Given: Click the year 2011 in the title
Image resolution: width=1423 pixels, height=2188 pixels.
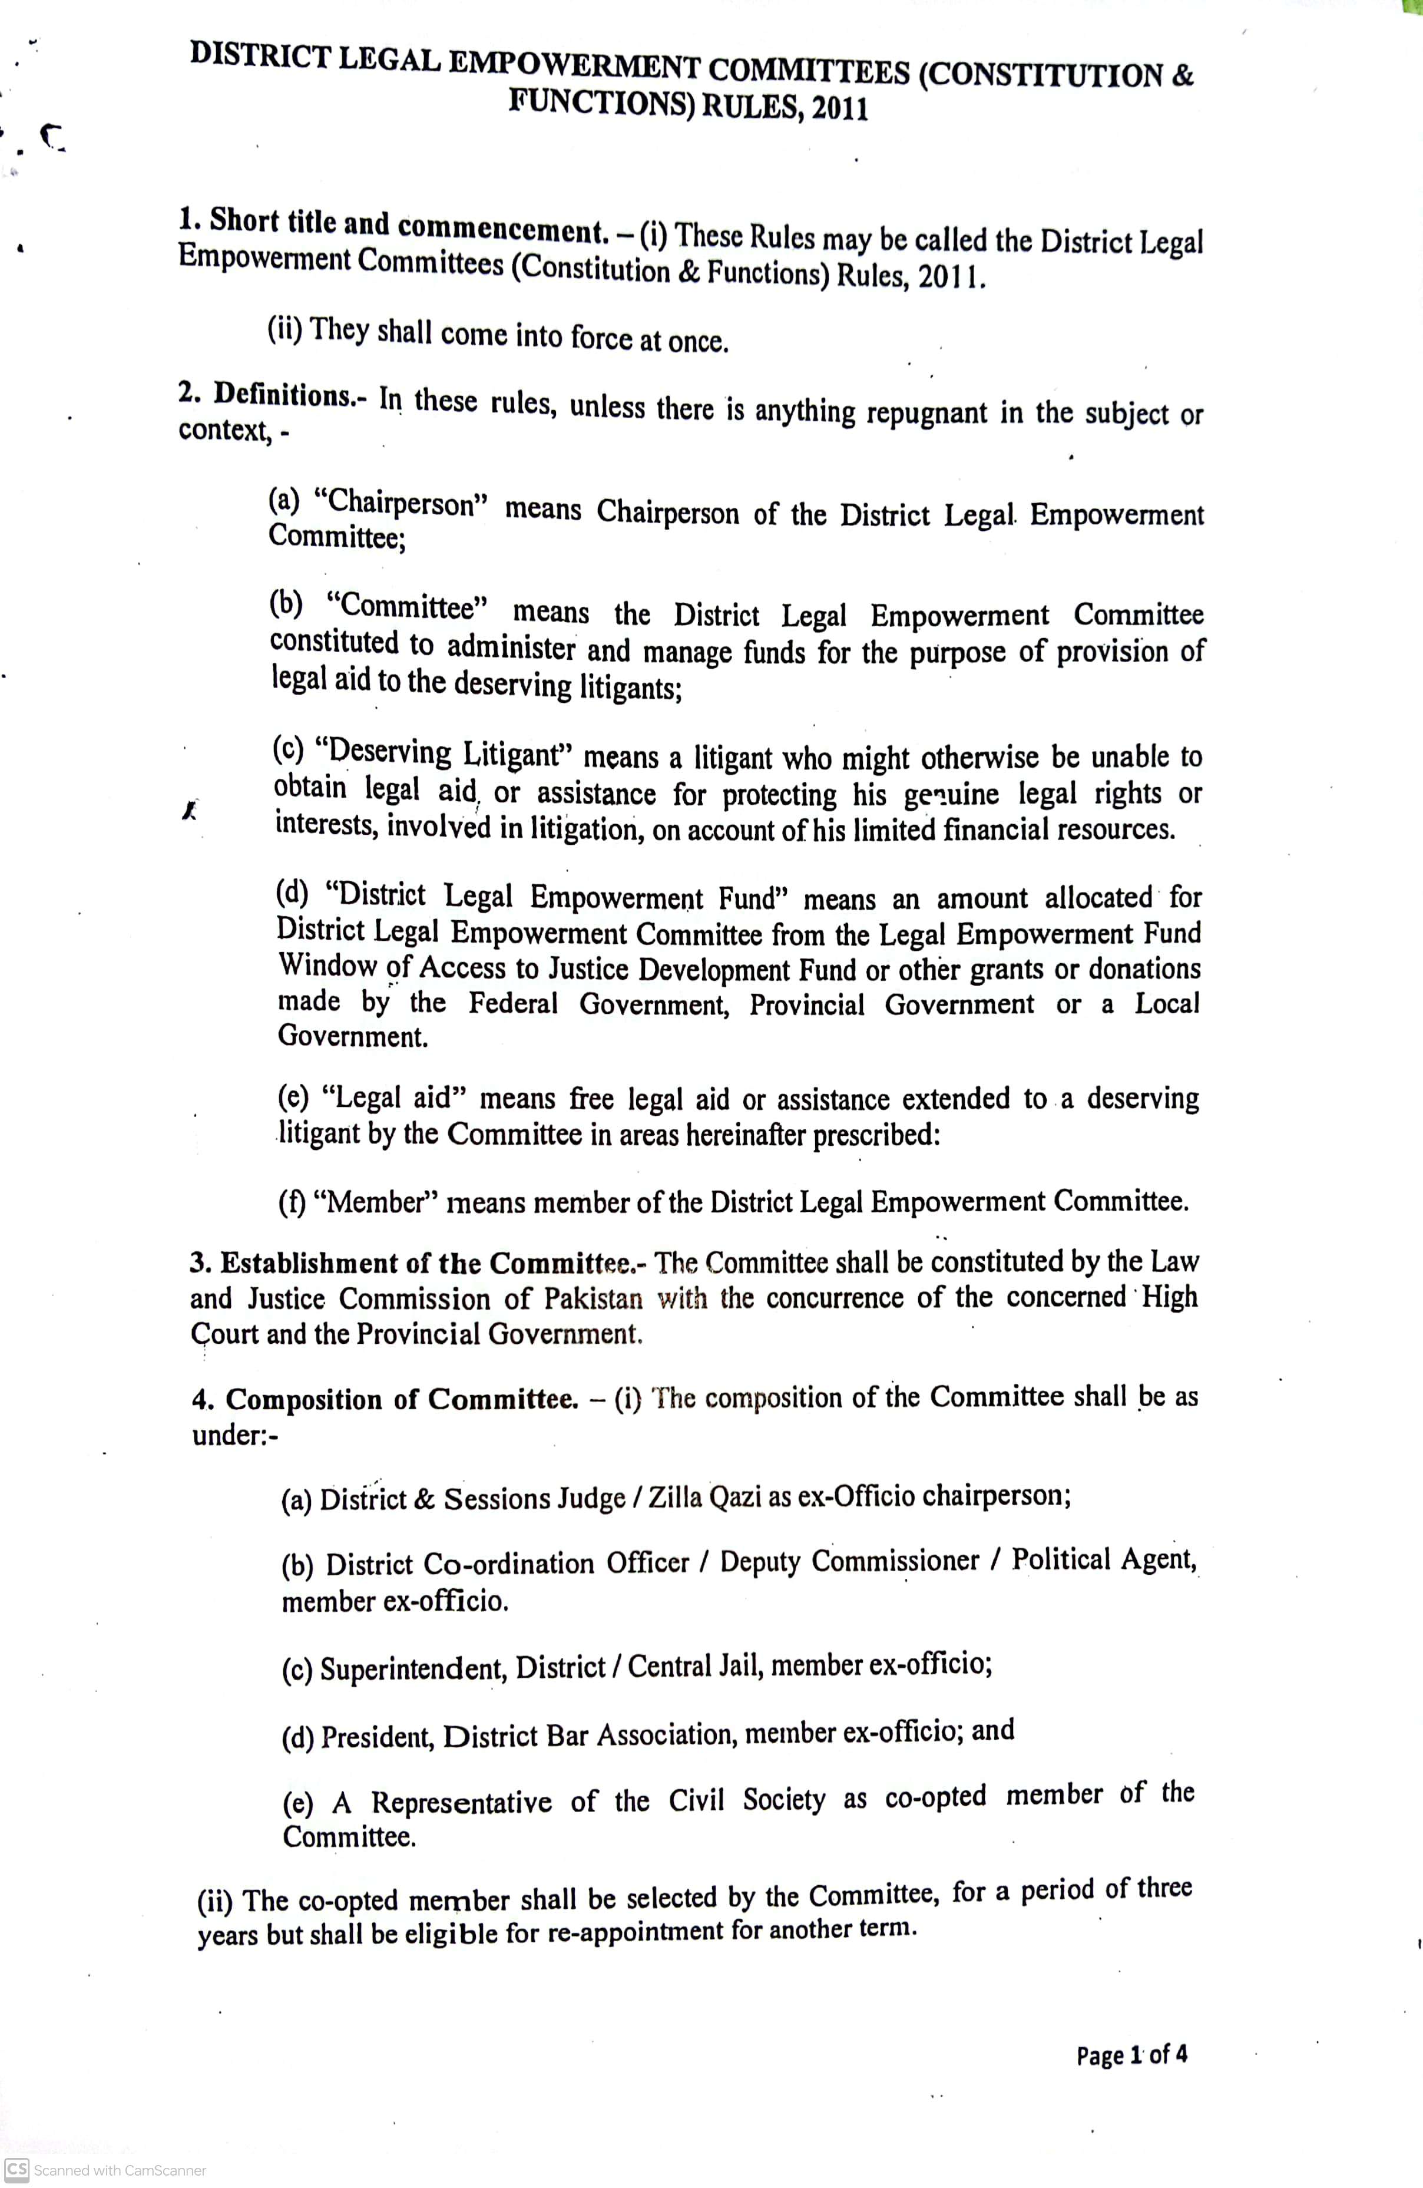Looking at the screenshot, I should [839, 110].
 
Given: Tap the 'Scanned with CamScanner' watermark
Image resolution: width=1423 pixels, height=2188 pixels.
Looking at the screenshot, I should [108, 2170].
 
